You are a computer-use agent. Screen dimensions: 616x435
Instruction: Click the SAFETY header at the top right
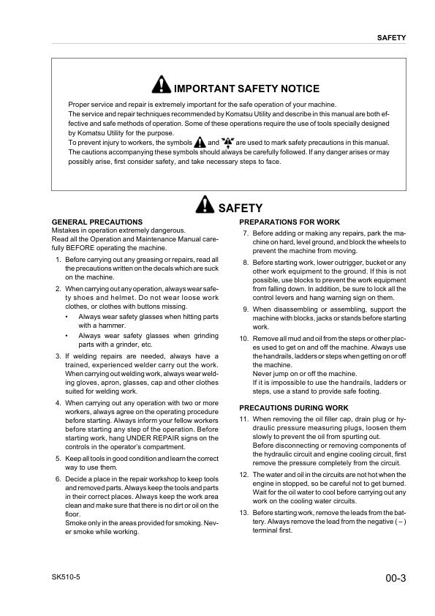[x=391, y=37]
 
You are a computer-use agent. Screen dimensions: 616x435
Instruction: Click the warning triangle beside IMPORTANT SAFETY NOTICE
[x=161, y=86]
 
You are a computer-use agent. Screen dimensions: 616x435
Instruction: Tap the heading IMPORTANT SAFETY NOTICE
[x=246, y=89]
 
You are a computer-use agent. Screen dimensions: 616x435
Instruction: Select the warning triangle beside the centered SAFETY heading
[x=205, y=206]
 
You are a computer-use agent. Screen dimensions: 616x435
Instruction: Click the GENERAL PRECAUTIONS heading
[x=97, y=222]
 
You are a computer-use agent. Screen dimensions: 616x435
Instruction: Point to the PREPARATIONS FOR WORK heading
[x=290, y=222]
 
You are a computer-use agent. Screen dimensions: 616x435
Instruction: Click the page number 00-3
[x=395, y=578]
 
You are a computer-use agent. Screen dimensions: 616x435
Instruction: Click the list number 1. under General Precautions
[x=58, y=260]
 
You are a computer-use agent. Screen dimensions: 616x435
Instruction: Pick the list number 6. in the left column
[x=58, y=479]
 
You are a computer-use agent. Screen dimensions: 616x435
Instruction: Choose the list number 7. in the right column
[x=246, y=233]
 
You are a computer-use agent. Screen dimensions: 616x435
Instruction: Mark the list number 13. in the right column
[x=244, y=513]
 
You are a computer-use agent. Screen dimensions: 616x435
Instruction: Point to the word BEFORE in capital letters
[x=72, y=248]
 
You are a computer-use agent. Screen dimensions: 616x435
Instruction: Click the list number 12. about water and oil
[x=244, y=475]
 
